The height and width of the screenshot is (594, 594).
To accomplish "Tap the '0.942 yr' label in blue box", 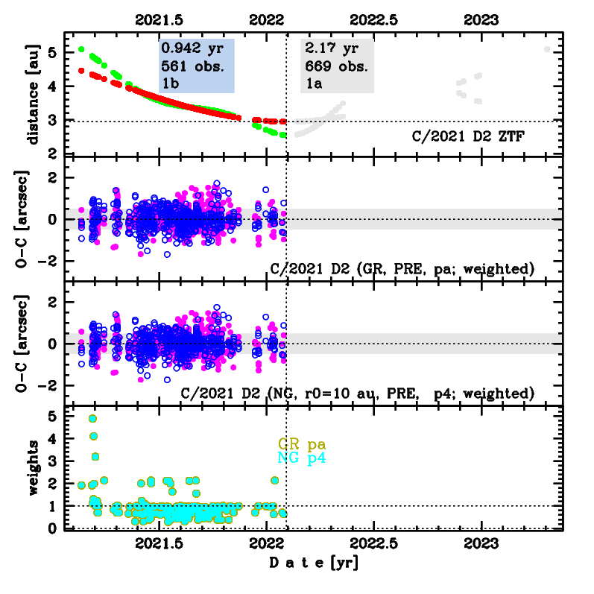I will coord(188,49).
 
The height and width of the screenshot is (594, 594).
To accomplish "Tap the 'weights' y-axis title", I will coord(34,468).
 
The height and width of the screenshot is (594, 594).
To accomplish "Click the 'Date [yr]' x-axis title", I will coord(314,563).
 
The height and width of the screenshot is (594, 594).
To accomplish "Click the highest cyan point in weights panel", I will coord(92,419).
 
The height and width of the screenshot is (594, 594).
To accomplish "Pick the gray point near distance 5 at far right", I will coord(547,49).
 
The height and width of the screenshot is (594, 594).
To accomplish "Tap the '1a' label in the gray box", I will coord(313,82).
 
